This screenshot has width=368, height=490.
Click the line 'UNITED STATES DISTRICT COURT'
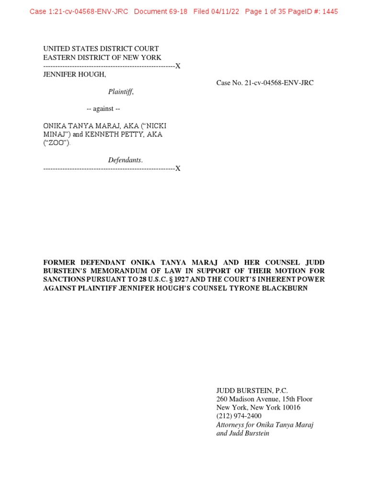tap(101, 49)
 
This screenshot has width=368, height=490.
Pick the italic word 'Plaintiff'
tap(121, 92)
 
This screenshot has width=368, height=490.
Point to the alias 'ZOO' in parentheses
tap(57, 143)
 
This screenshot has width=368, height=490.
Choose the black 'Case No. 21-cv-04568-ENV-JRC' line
tap(265, 83)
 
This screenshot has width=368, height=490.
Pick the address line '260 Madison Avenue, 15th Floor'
tap(264, 399)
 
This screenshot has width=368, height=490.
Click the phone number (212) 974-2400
tap(239, 416)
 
